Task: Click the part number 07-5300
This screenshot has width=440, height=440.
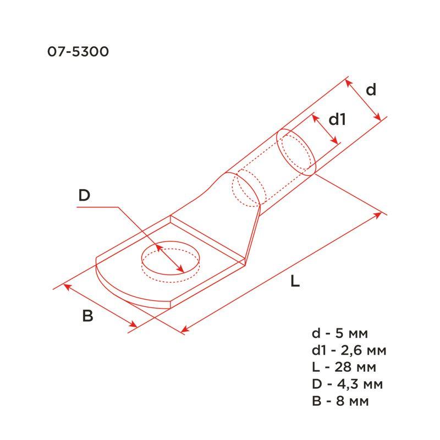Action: (x=78, y=52)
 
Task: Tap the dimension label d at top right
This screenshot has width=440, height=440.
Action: (x=371, y=89)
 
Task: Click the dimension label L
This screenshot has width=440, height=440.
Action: (x=295, y=282)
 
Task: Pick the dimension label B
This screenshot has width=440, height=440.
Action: (x=87, y=316)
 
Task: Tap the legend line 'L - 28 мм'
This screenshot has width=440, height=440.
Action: (x=343, y=367)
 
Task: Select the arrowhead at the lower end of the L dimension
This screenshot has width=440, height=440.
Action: (x=185, y=330)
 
